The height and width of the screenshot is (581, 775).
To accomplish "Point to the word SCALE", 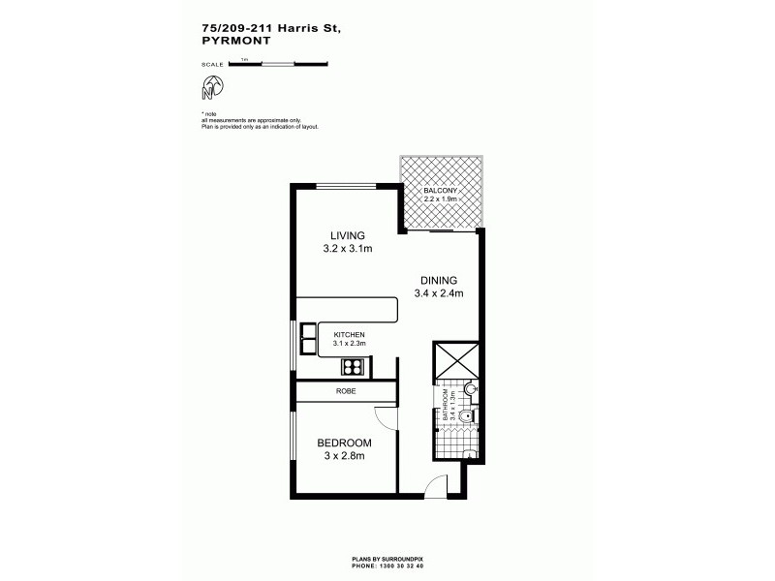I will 212,65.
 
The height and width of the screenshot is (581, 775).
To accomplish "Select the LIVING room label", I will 347,235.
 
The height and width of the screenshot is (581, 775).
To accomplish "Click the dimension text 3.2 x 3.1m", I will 348,249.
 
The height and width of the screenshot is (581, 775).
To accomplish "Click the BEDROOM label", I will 344,443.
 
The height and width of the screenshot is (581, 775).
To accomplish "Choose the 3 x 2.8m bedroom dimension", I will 344,457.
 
